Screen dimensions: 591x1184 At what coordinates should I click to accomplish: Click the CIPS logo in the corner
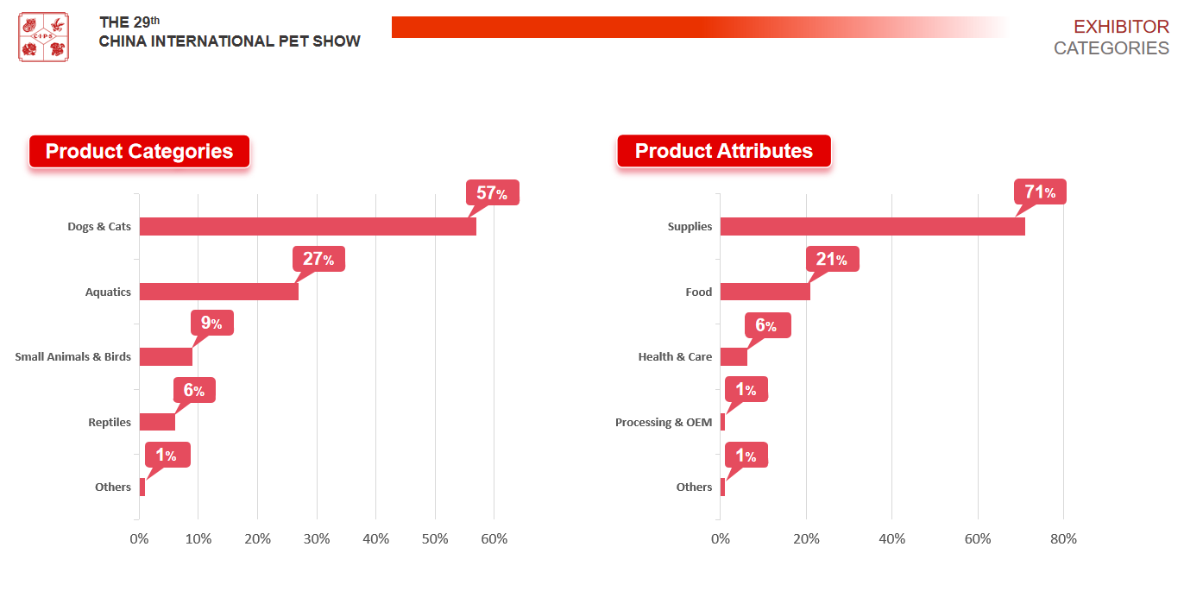43,37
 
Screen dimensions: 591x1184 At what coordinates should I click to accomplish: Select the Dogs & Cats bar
307,227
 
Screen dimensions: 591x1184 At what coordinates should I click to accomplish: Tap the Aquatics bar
218,292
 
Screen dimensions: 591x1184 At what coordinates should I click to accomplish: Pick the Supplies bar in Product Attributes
872,227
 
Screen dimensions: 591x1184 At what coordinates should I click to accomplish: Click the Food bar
765,292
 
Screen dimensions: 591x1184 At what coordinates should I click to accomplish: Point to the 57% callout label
492,193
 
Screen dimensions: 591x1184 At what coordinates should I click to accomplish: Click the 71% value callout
1040,192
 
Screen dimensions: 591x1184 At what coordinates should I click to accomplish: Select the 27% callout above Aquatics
318,259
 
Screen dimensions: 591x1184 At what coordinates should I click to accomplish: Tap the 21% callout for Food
832,259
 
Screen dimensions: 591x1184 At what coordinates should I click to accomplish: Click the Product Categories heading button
139,151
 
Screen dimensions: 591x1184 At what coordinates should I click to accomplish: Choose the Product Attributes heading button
723,151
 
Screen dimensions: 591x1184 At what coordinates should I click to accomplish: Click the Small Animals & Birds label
73,356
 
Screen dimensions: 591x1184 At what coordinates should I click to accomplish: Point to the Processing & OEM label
664,422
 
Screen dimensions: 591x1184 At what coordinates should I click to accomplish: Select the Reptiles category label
110,422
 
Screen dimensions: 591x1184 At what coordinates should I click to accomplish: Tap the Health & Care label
675,356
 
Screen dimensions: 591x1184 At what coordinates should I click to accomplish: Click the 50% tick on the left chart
435,539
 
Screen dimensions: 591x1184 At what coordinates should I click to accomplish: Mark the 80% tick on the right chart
1063,539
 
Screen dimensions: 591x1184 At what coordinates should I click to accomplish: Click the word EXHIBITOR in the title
1121,27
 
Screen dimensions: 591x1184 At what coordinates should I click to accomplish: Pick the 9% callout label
211,324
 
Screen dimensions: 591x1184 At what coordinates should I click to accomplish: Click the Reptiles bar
157,422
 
